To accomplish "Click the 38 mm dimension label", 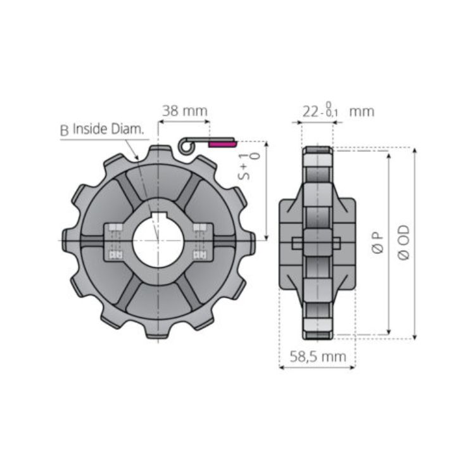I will coord(184,110).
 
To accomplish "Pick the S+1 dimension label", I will coord(250,166).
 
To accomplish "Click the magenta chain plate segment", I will coord(221,144).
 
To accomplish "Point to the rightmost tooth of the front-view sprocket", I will coord(250,241).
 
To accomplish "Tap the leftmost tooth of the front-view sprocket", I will coord(66,241).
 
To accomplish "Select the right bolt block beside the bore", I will coord(201,241).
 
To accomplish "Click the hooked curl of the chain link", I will coord(184,146).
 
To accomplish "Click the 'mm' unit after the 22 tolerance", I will coord(362,111).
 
